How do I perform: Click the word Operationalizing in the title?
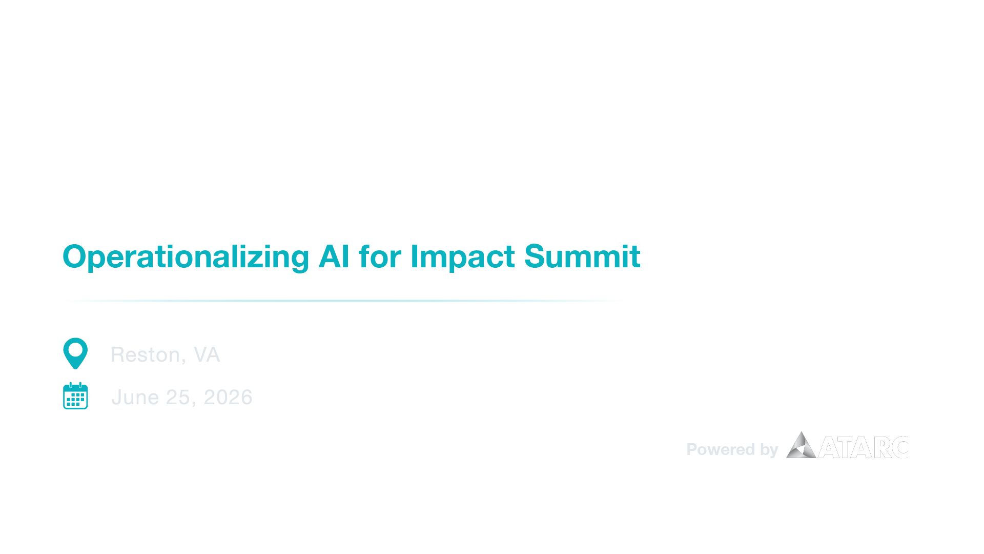(186, 257)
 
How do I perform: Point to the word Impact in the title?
(462, 257)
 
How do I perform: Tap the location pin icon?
(75, 353)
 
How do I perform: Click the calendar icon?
(75, 396)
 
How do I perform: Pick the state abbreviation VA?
(207, 355)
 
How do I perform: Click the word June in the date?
(135, 398)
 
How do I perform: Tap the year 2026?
(228, 398)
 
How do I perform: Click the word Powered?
(720, 450)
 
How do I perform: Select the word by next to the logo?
(769, 450)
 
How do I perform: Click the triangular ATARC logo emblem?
(801, 446)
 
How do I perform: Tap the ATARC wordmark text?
(864, 448)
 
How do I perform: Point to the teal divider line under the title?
(343, 301)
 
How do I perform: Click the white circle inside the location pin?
(75, 349)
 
